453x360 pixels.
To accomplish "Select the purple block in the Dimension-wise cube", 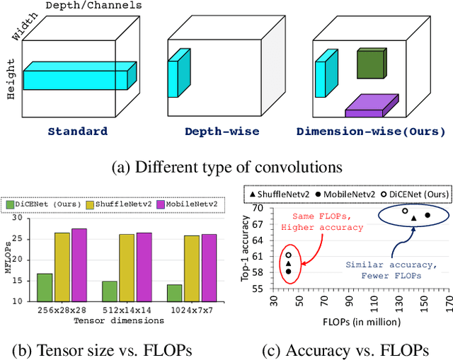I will pyautogui.click(x=373, y=105).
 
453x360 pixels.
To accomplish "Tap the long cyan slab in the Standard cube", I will pyautogui.click(x=78, y=76).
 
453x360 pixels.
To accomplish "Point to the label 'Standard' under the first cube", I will pyautogui.click(x=78, y=131).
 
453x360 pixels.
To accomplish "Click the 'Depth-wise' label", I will pyautogui.click(x=222, y=131).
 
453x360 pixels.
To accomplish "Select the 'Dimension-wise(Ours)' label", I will pyautogui.click(x=371, y=131).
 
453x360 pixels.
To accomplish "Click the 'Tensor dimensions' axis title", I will pyautogui.click(x=121, y=320).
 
